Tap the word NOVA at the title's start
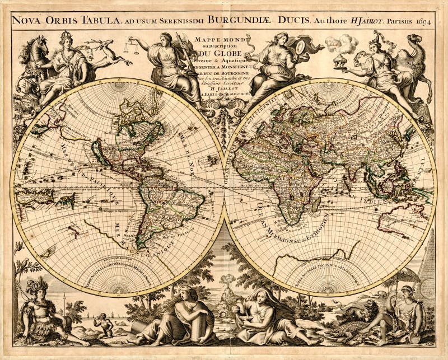(29, 21)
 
